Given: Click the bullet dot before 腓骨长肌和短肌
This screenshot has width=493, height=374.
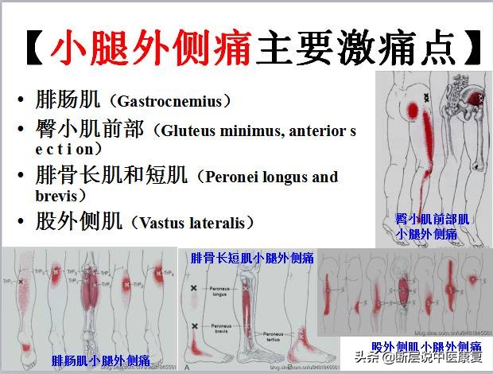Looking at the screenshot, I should pyautogui.click(x=21, y=177).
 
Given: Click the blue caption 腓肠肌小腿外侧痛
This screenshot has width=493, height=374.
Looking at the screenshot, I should pyautogui.click(x=100, y=360).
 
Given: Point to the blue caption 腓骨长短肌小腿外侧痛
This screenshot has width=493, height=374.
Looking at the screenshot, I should pyautogui.click(x=251, y=258).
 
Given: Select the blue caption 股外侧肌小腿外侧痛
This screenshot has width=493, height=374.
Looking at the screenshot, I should pyautogui.click(x=426, y=347).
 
